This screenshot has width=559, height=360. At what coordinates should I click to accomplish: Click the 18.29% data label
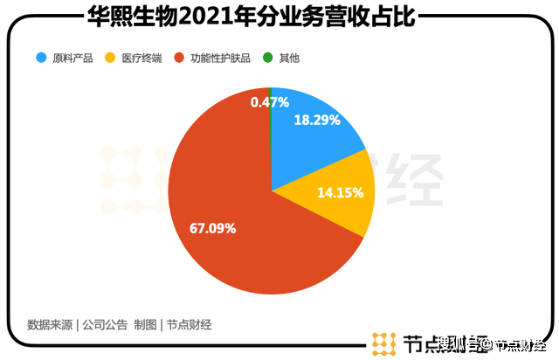click(317, 121)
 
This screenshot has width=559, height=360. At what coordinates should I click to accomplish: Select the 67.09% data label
click(213, 228)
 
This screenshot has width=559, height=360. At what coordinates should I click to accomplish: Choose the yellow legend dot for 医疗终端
click(110, 59)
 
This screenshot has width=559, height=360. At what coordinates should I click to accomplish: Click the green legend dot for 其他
click(269, 59)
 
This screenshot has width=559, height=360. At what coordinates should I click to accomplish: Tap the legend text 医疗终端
click(141, 59)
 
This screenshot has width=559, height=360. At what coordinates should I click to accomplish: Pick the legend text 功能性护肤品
click(219, 59)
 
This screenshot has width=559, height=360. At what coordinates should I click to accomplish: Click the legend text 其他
click(288, 59)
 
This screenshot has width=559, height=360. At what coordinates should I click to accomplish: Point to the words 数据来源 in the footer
click(50, 325)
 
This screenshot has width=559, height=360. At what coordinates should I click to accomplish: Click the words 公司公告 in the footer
click(105, 325)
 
